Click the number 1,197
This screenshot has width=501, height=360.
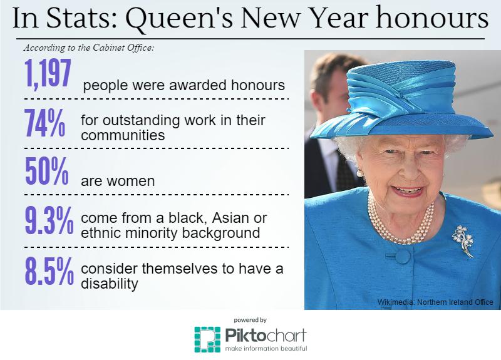click(48, 73)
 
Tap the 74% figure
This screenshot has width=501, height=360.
click(45, 123)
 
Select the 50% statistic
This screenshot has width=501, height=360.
click(47, 171)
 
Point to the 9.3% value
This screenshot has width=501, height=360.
click(49, 220)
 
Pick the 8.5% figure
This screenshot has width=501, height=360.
click(49, 271)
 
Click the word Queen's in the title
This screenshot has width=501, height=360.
click(180, 18)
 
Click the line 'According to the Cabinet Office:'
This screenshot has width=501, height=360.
click(89, 48)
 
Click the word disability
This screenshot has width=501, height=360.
click(110, 284)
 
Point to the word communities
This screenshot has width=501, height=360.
click(123, 135)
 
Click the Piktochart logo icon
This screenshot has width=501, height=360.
click(207, 339)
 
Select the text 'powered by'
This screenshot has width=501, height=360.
click(250, 320)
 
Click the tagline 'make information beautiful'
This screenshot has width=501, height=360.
click(266, 348)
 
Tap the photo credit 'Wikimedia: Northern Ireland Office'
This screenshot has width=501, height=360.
click(435, 302)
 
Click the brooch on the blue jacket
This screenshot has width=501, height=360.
click(463, 241)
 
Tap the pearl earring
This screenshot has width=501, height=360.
click(359, 173)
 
